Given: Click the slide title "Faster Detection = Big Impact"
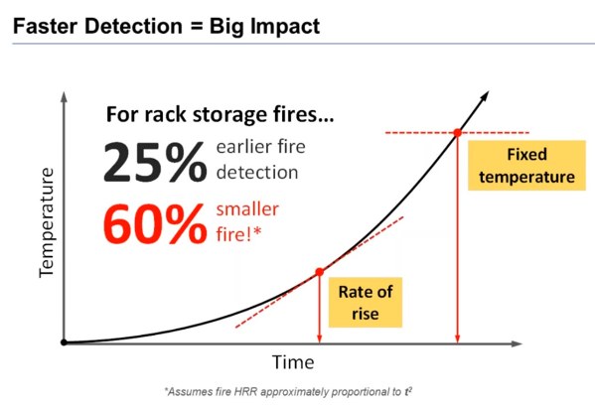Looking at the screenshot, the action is [166, 27].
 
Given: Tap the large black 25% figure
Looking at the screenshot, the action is [155, 162].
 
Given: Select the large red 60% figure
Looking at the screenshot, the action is [155, 223].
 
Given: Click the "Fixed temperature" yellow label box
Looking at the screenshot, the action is [526, 166].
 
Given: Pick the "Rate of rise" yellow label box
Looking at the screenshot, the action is [365, 303].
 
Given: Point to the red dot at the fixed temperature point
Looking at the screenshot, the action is [458, 133].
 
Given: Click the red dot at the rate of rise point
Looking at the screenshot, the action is [320, 272].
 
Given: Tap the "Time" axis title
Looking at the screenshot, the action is [293, 362].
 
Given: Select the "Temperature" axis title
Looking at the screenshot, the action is [47, 222].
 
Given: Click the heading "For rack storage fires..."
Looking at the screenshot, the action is [221, 114].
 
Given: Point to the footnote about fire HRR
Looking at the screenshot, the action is [288, 391].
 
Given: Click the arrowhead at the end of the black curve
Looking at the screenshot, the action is [485, 95].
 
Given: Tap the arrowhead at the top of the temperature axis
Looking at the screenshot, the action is [65, 96].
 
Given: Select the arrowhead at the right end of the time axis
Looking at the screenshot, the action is [517, 343].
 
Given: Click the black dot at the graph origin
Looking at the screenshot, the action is [64, 342].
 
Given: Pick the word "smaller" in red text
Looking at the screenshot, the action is [247, 209].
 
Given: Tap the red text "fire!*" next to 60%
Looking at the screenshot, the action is [238, 234].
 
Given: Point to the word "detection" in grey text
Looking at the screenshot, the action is [257, 173].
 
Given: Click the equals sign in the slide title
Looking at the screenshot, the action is [197, 27].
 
